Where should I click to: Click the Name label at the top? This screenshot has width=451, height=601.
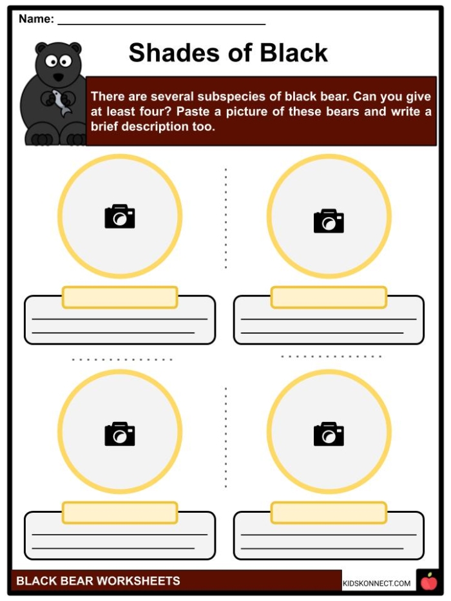pyautogui.click(x=36, y=19)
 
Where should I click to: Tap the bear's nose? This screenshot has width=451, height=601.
pyautogui.click(x=58, y=76)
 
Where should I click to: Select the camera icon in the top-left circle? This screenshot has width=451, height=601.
pyautogui.click(x=120, y=216)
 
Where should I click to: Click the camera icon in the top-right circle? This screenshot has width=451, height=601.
pyautogui.click(x=329, y=220)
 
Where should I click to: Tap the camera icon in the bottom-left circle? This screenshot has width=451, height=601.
pyautogui.click(x=120, y=434)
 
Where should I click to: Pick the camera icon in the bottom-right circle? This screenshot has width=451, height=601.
pyautogui.click(x=329, y=434)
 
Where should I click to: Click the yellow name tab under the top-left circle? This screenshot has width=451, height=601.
pyautogui.click(x=120, y=297)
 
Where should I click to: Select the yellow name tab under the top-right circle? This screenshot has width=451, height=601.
pyautogui.click(x=329, y=297)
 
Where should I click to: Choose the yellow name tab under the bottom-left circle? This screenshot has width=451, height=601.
pyautogui.click(x=120, y=513)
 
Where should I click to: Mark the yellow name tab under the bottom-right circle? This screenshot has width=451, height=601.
pyautogui.click(x=329, y=513)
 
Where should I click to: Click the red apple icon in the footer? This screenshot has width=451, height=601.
pyautogui.click(x=428, y=582)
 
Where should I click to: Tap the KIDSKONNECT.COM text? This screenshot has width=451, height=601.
pyautogui.click(x=376, y=584)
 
